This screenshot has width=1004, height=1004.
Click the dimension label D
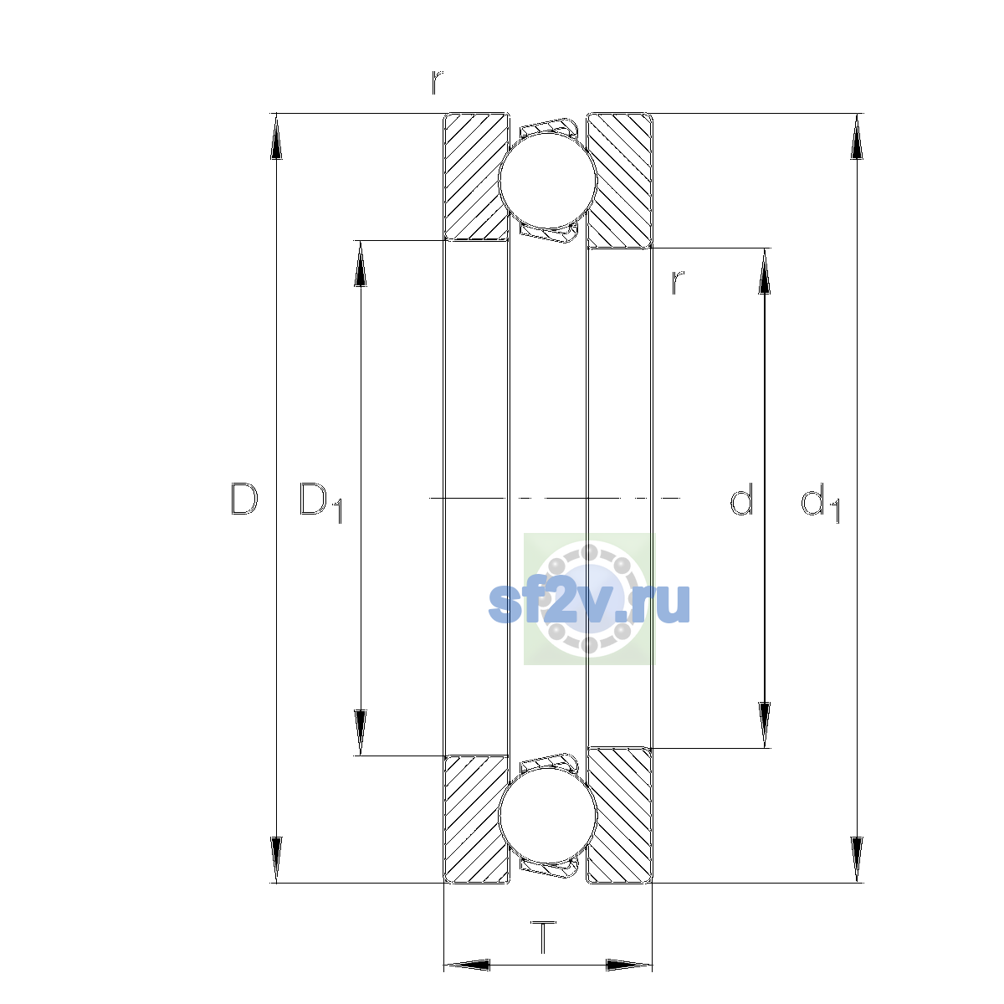click(x=244, y=499)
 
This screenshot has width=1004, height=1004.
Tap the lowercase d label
click(x=741, y=499)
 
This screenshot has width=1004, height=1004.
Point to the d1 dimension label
click(x=821, y=502)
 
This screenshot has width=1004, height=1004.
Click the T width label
click(x=544, y=937)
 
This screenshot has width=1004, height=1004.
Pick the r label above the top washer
click(x=437, y=82)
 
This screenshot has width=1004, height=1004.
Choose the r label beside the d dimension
click(x=678, y=283)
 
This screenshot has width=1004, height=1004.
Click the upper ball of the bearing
click(x=547, y=180)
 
